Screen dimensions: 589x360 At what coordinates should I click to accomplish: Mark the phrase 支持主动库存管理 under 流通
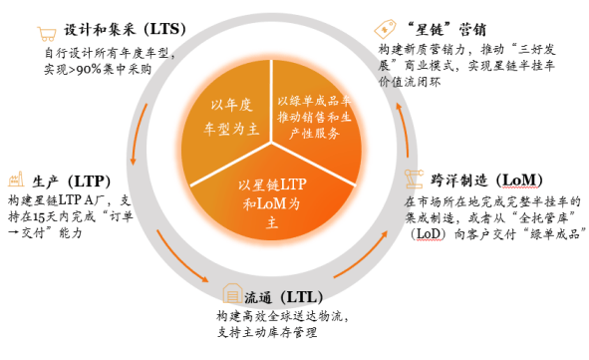pyautogui.click(x=276, y=331)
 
